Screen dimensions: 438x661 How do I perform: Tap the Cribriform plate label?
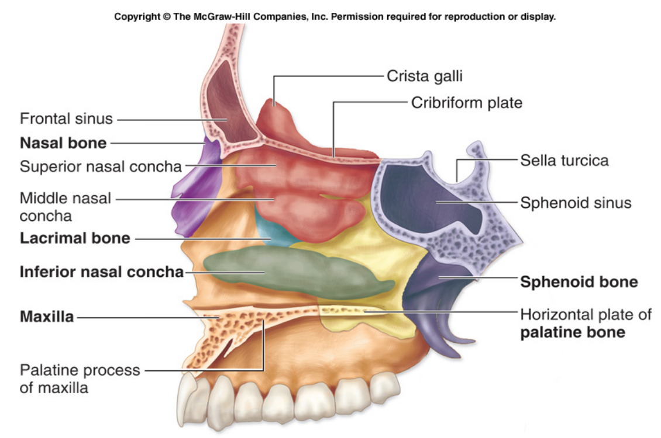466,103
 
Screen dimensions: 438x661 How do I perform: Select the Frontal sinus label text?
66,119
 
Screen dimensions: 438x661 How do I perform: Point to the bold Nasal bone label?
63,143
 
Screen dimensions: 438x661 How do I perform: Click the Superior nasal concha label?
101,166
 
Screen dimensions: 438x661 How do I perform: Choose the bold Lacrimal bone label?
75,238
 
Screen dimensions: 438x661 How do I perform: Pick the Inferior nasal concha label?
102,272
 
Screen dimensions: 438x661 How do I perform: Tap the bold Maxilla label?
47,318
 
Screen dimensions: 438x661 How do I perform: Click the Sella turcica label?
564,160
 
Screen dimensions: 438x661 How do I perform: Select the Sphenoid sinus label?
576,203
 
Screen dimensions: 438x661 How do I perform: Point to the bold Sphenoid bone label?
579,282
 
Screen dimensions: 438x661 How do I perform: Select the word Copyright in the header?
138,16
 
